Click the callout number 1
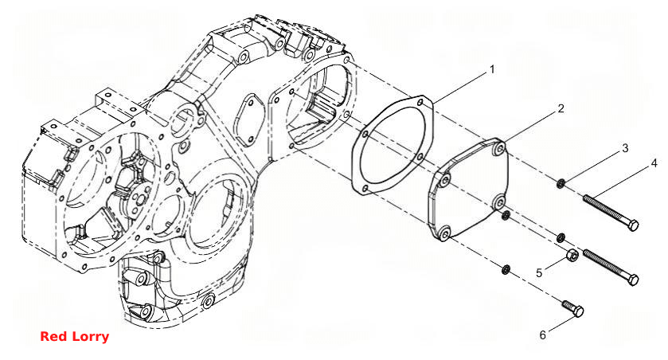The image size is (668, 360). [x=492, y=69]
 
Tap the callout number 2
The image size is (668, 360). [x=561, y=108]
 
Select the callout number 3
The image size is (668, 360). [x=625, y=148]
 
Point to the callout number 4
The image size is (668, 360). [x=654, y=163]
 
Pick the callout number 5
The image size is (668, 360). [x=539, y=272]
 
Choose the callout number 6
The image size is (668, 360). [x=542, y=335]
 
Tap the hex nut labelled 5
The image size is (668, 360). [x=572, y=255]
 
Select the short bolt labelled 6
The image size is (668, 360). [x=572, y=309]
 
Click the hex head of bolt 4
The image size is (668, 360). [x=633, y=225]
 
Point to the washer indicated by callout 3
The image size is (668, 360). [x=561, y=184]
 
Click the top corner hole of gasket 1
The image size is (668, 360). [x=420, y=103]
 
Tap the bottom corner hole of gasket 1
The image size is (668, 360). [x=365, y=188]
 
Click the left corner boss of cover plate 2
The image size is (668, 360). [x=445, y=181]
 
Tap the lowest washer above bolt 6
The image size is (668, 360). [x=506, y=270]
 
